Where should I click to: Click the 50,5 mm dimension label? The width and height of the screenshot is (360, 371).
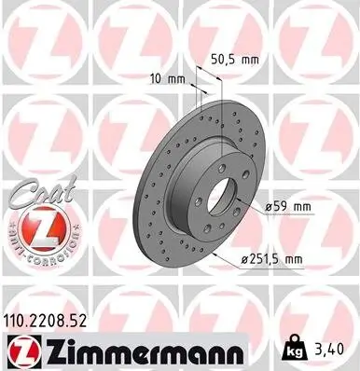click(235, 58)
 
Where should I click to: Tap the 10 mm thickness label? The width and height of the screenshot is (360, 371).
click(168, 79)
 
